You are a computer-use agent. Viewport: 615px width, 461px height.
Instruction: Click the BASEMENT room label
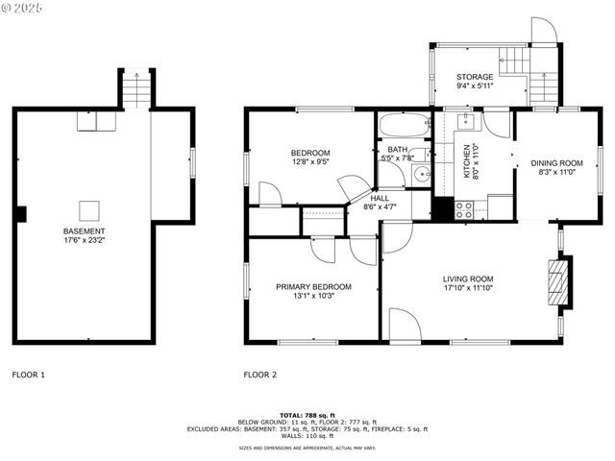click(85, 231)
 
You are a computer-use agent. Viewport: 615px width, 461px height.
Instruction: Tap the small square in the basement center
click(88, 208)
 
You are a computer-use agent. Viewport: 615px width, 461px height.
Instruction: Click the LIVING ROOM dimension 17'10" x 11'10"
click(468, 288)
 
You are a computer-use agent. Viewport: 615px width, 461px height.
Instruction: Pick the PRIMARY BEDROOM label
click(313, 286)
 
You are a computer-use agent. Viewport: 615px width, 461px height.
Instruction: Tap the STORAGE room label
click(475, 77)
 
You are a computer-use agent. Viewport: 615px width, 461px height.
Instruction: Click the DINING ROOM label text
click(556, 163)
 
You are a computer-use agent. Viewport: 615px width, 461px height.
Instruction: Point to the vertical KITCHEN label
click(468, 159)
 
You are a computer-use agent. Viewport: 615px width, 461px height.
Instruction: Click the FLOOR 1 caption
click(28, 375)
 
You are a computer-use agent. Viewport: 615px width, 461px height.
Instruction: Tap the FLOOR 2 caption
click(259, 375)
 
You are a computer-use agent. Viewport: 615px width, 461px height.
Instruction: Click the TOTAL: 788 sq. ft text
click(307, 413)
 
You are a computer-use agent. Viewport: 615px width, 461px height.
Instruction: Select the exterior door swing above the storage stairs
click(544, 31)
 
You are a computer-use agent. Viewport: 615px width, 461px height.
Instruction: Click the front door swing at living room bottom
click(404, 325)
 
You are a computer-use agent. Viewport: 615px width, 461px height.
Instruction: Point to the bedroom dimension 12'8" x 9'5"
click(310, 162)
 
